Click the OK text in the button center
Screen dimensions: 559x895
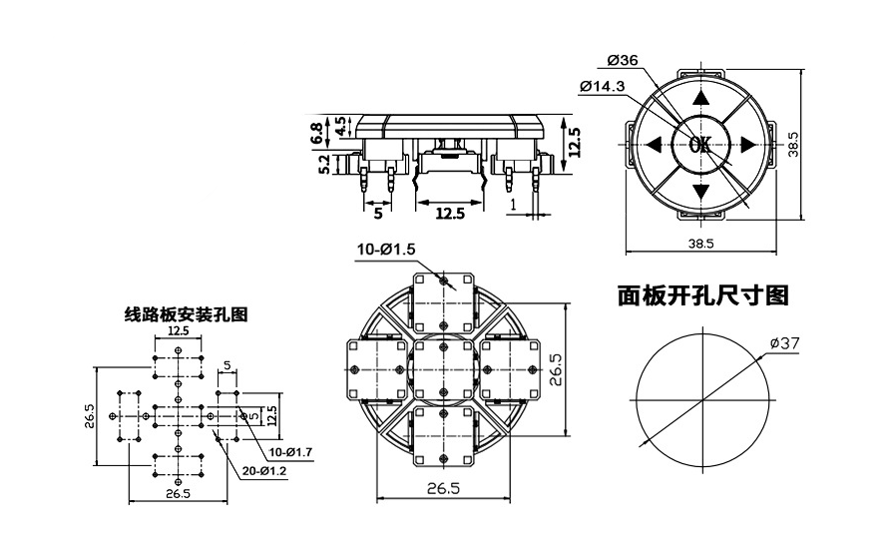[x=700, y=145]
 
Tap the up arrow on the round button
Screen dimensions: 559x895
[x=700, y=98]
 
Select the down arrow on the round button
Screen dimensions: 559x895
[x=700, y=191]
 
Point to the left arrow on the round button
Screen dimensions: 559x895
[x=654, y=145]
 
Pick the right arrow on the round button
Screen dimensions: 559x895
[x=747, y=145]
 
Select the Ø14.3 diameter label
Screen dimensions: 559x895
[x=602, y=87]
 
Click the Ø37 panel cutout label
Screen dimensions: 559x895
[x=785, y=343]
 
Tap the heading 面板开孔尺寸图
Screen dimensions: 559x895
[x=703, y=295]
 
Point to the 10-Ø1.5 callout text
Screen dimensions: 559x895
[x=384, y=249]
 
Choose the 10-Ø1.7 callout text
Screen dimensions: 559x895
[x=290, y=452]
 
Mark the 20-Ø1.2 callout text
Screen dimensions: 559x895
[x=264, y=470]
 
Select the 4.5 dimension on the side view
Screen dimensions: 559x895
[x=340, y=126]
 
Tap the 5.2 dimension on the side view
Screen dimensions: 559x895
[x=324, y=165]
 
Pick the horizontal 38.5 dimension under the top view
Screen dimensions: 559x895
[x=700, y=243]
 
